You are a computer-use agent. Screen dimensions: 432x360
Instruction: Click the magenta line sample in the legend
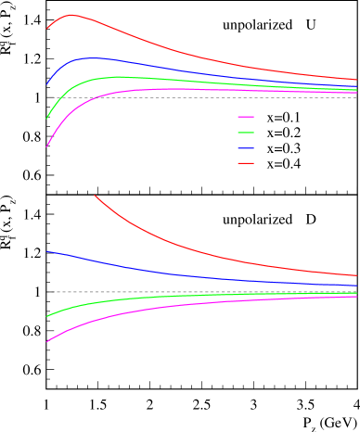(x=246, y=118)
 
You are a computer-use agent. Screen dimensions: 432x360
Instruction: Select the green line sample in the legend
(x=246, y=133)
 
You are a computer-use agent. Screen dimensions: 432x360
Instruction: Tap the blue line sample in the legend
(x=246, y=148)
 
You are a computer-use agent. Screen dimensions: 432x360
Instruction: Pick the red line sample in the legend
(x=246, y=163)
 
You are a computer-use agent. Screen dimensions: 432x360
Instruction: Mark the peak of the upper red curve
(x=71, y=15)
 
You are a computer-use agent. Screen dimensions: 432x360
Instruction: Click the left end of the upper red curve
(x=47, y=28)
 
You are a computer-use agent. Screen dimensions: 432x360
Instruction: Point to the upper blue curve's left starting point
(x=47, y=84)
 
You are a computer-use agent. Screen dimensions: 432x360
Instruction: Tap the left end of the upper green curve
(x=47, y=118)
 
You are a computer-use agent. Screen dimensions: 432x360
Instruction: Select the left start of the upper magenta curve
(x=47, y=146)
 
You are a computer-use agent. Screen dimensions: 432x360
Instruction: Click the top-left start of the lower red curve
(x=95, y=196)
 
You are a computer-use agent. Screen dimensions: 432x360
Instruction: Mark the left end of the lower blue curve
(x=47, y=251)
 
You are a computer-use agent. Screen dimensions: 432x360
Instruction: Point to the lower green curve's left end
(x=47, y=316)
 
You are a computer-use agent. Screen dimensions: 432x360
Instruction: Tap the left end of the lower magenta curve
(x=47, y=342)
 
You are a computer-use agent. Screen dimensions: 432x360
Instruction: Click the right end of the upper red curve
(x=356, y=80)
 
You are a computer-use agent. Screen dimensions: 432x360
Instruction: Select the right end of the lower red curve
(x=356, y=275)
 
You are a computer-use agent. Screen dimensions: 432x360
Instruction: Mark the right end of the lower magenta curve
(x=356, y=297)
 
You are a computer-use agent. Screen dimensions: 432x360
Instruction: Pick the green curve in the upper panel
(x=186, y=81)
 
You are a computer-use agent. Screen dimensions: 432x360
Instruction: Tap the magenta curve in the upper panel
(x=186, y=89)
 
